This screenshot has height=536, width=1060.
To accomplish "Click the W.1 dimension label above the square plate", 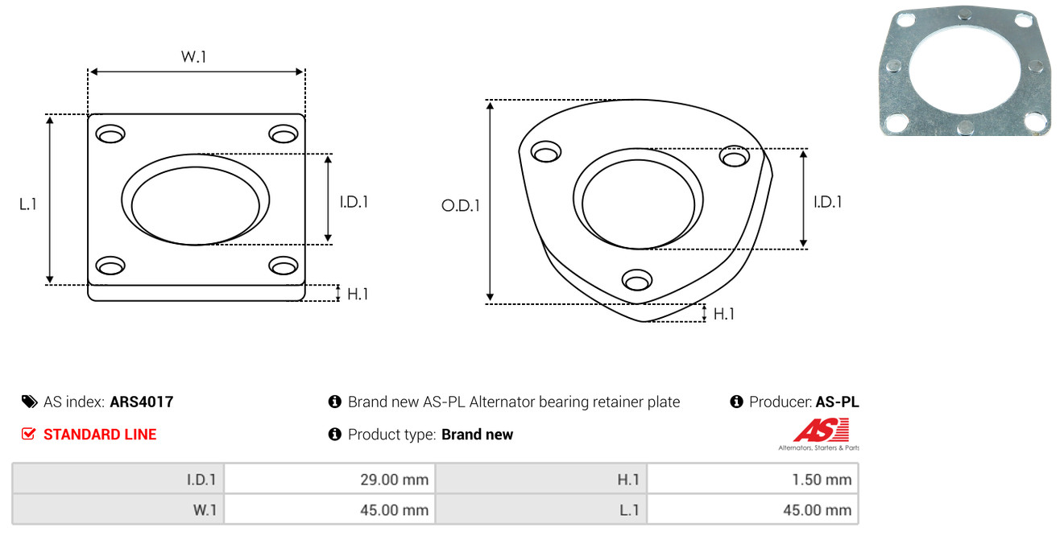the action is [x=194, y=56].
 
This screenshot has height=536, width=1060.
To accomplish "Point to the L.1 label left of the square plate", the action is [x=28, y=204].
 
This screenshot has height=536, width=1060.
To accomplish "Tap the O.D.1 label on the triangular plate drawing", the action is [x=461, y=205].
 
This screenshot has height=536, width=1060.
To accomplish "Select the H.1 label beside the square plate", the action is [x=358, y=294].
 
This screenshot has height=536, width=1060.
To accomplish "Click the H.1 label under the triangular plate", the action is [x=723, y=314].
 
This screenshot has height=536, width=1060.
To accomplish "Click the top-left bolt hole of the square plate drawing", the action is [x=110, y=134].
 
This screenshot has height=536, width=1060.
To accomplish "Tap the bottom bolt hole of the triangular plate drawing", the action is [x=637, y=280].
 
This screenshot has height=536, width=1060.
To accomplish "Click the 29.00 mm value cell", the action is [x=329, y=480].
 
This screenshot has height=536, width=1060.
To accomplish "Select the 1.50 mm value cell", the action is [x=752, y=480].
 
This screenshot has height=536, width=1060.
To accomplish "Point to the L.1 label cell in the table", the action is [x=541, y=509].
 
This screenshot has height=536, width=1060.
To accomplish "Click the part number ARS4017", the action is [x=142, y=402].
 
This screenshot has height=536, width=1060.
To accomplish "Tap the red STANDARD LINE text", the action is [x=100, y=435].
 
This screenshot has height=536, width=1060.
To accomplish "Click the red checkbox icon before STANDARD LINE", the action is [x=28, y=434].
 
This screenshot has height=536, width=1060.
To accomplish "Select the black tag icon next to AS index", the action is [x=29, y=402].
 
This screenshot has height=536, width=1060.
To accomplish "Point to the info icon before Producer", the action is [x=736, y=402].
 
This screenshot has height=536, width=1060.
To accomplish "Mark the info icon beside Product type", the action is [x=334, y=434].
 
